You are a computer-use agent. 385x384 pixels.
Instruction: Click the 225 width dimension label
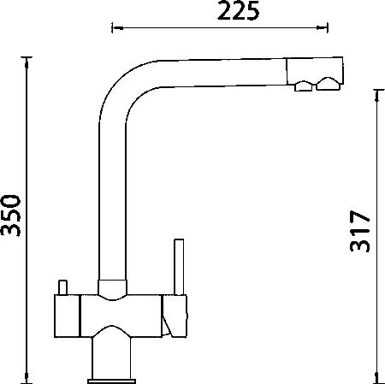pyautogui.click(x=239, y=10)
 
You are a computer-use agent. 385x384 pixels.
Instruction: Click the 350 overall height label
pyautogui.click(x=10, y=216)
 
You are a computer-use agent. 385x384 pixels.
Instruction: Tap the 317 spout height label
pyautogui.click(x=359, y=231)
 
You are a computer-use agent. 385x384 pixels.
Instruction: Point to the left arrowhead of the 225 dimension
pyautogui.click(x=117, y=28)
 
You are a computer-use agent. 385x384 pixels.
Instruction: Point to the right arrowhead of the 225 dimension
pyautogui.click(x=323, y=27)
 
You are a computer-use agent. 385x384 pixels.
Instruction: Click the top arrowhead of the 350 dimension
pyautogui.click(x=27, y=62)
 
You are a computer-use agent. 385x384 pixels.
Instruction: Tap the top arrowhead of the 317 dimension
pyautogui.click(x=377, y=96)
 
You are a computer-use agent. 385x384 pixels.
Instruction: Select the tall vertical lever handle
pyautogui.click(x=179, y=267)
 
